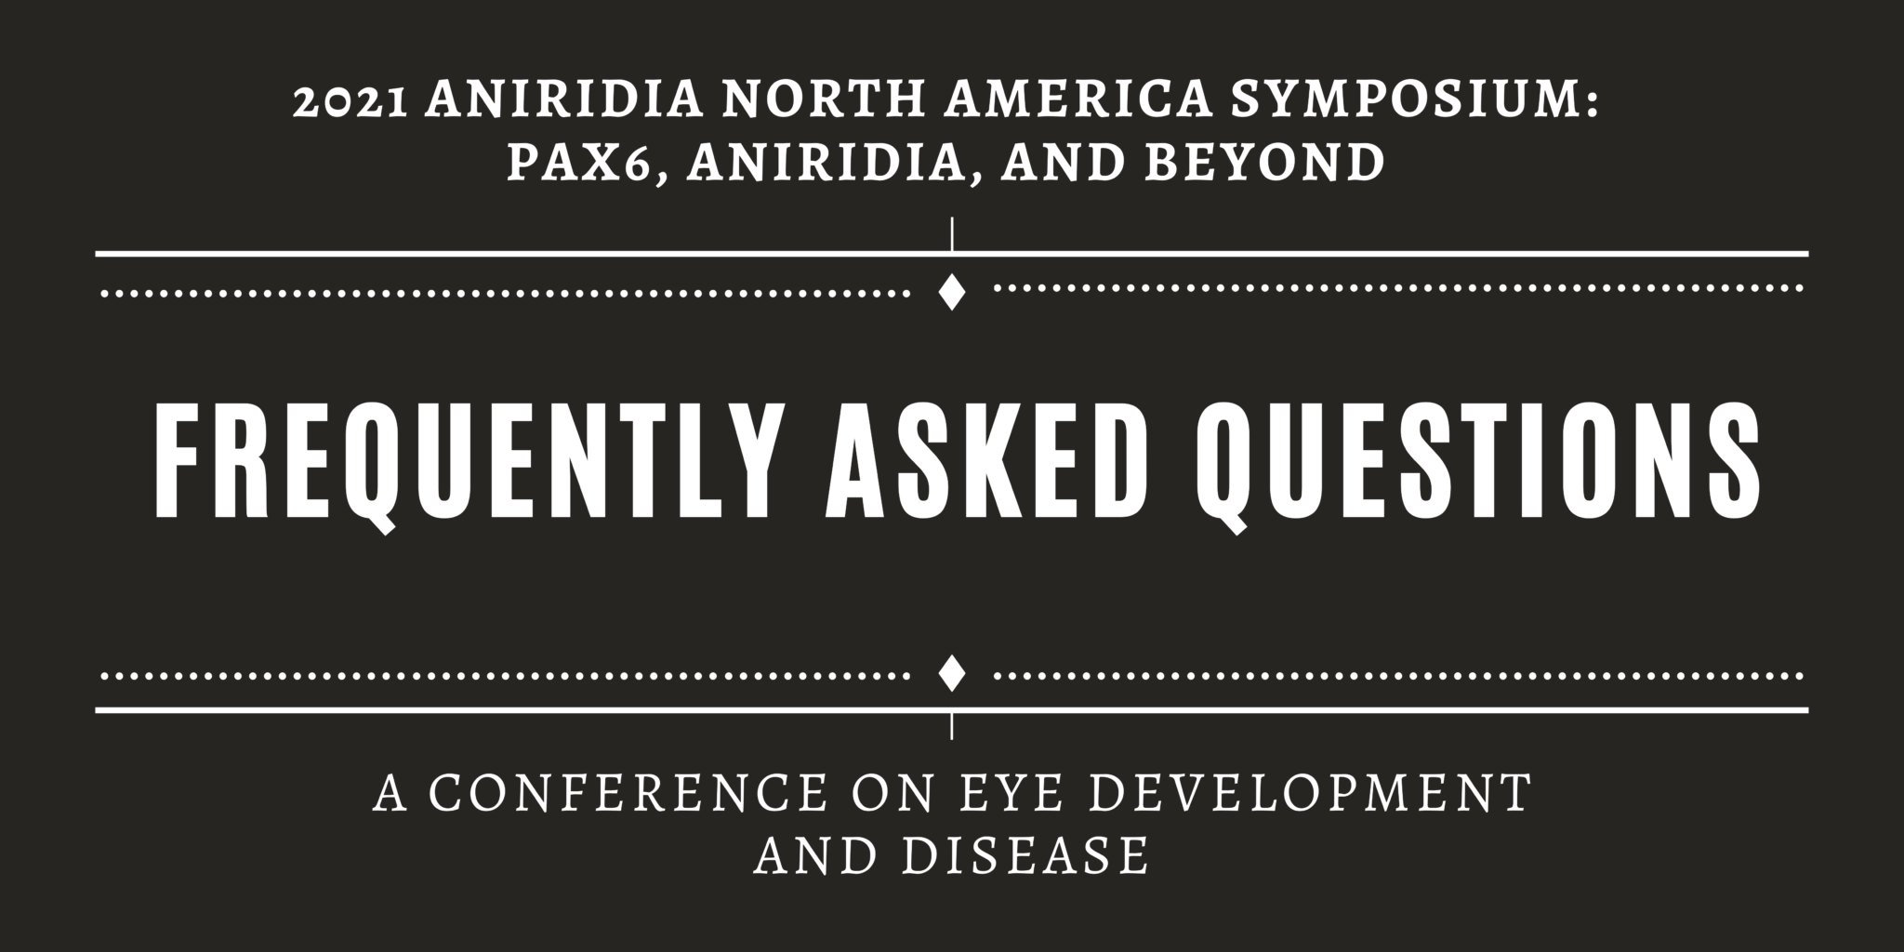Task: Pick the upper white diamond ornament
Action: tap(951, 292)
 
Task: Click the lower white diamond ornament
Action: tap(951, 673)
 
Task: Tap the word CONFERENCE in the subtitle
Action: tap(628, 793)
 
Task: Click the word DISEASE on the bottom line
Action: tap(1026, 855)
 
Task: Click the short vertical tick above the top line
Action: tap(951, 233)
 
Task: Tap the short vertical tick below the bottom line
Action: tap(951, 725)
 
